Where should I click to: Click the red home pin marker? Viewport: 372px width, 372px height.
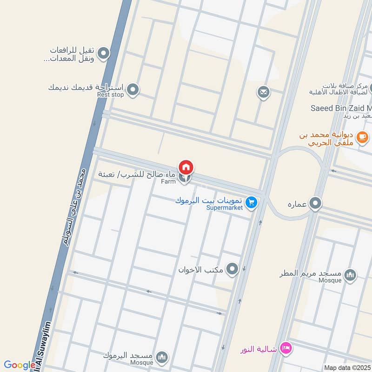(186, 167)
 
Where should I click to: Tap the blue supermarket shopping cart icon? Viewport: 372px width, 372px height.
(252, 202)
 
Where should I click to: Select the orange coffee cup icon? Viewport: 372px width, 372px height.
(361, 136)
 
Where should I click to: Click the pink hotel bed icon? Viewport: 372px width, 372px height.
(287, 347)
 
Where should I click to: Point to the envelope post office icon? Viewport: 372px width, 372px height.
(263, 93)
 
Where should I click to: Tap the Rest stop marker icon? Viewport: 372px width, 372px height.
(133, 88)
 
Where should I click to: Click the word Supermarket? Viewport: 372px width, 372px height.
(225, 208)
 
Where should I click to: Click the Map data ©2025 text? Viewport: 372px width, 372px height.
(347, 368)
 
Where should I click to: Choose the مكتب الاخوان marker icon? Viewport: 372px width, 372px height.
(232, 269)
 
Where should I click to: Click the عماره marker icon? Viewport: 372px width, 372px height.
(316, 203)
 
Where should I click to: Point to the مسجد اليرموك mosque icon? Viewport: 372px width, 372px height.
(162, 357)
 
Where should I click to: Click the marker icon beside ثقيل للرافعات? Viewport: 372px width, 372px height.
(103, 53)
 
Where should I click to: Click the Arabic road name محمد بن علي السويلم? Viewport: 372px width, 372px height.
(74, 205)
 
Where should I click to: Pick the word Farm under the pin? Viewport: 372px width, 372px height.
(168, 181)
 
